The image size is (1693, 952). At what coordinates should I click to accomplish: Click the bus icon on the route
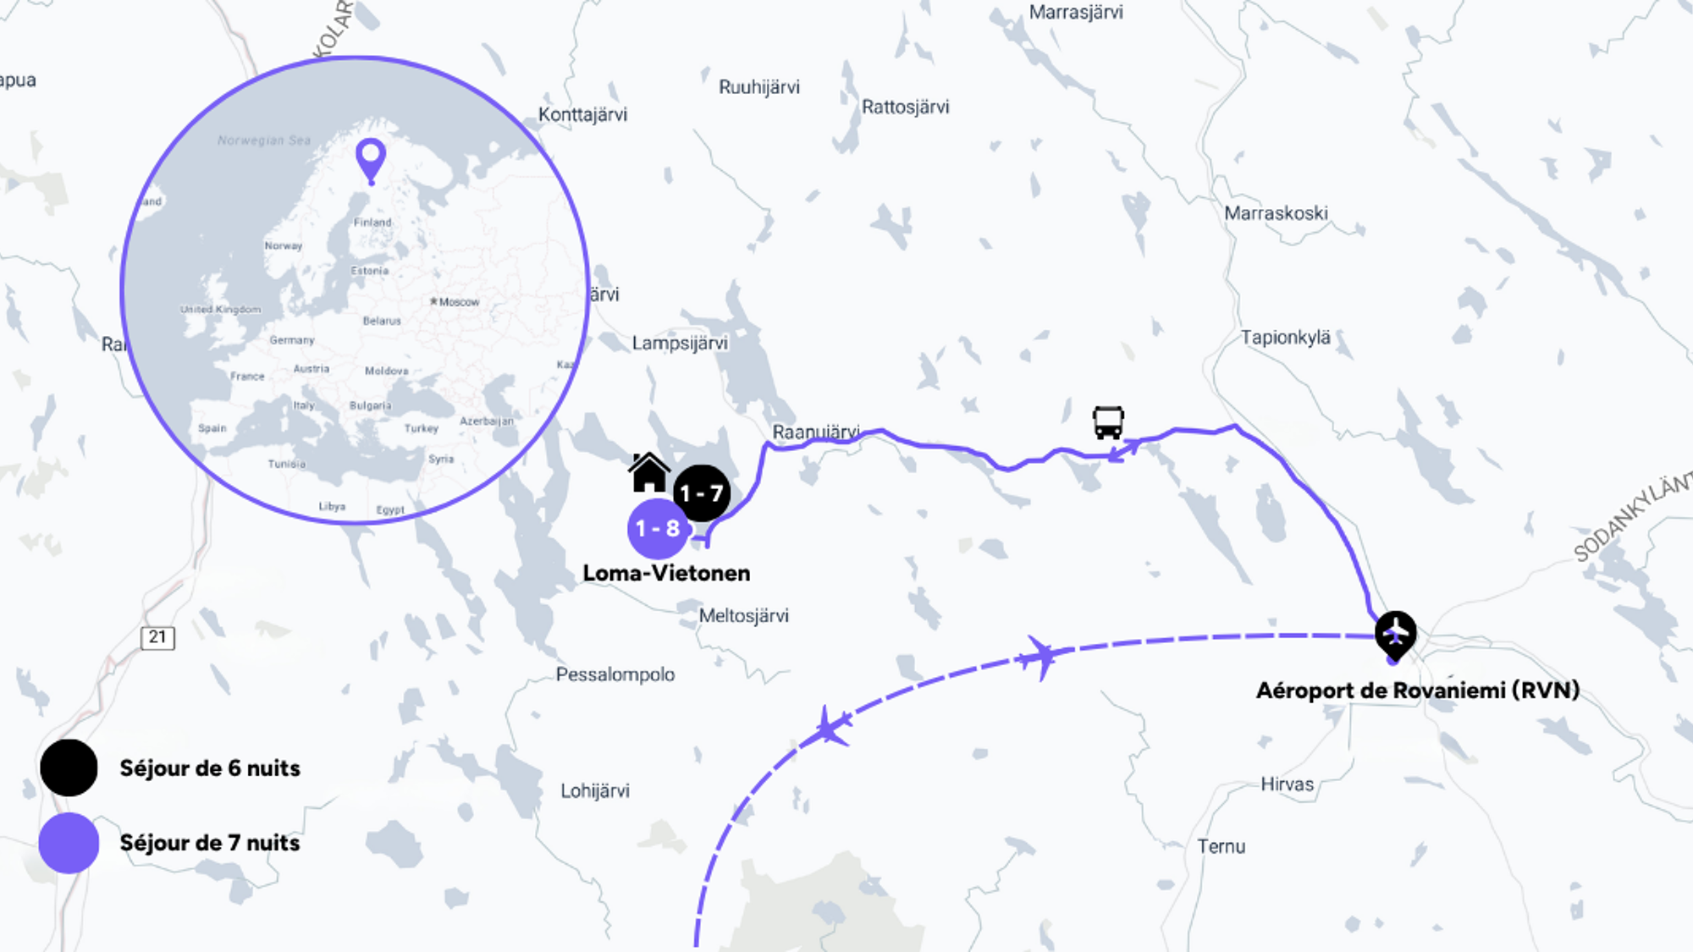pos(1108,422)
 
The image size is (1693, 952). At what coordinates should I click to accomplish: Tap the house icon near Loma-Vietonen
pos(649,472)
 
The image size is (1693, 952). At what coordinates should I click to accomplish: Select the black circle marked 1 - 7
pos(702,493)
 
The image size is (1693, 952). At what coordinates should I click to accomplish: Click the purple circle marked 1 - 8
pos(658,529)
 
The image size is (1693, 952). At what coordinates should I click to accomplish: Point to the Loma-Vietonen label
pos(666,573)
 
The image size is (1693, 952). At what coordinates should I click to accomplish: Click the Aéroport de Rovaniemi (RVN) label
pos(1418,691)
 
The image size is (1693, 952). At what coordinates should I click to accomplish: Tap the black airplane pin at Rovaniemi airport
pos(1395,633)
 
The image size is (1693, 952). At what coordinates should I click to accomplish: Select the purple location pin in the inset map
pos(371,158)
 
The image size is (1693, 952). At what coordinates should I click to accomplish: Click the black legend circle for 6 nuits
pos(69,768)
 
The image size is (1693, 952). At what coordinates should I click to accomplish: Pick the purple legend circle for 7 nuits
pos(69,843)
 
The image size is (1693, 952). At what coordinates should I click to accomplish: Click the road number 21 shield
pos(157,637)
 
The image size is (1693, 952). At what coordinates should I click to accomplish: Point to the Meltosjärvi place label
pos(743,616)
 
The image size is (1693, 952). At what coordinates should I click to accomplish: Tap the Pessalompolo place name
pos(615,674)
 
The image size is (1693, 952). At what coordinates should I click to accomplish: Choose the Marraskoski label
pos(1276,213)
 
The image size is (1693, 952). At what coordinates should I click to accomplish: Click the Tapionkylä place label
pos(1285,338)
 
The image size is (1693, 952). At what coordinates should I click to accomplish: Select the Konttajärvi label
pos(582,115)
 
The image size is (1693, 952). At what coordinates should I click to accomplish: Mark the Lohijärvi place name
pos(595,791)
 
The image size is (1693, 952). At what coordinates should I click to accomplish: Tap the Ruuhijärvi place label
pos(758,87)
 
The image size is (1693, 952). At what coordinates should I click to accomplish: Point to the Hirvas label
pos(1287,784)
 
